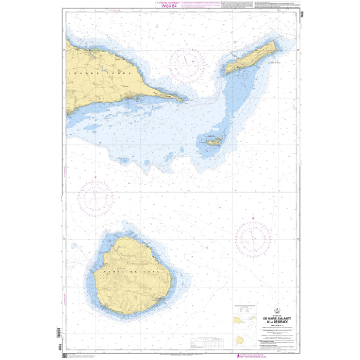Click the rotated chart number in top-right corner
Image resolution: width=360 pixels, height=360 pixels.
[300, 14]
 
